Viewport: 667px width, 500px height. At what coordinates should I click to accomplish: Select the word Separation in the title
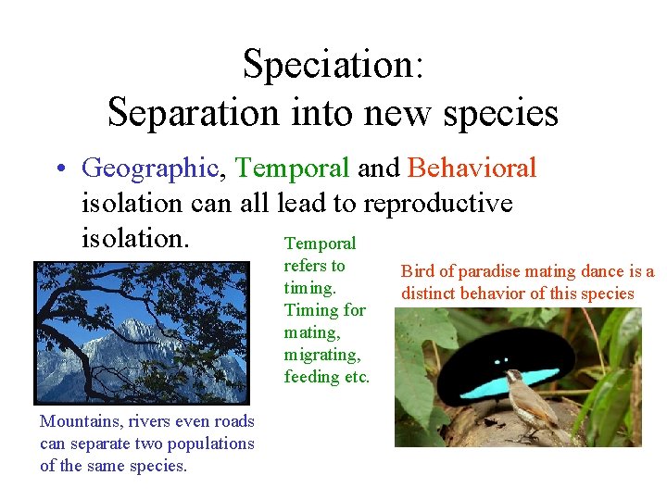(192, 113)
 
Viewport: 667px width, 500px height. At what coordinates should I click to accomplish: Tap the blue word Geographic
(149, 168)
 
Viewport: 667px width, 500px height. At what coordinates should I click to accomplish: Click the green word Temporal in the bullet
(292, 168)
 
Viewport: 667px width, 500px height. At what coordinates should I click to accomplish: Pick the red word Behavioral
(472, 168)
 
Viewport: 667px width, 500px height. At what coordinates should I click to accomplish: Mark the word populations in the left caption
(208, 444)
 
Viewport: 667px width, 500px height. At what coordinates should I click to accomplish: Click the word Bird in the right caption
(415, 272)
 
